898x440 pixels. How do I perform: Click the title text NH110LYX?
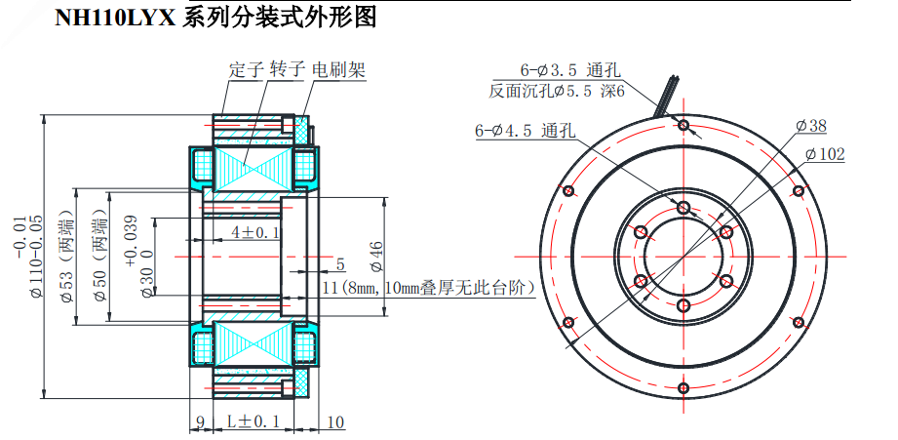click(x=114, y=17)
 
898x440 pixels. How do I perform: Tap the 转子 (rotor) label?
click(x=288, y=71)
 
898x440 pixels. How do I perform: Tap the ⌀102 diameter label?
click(x=825, y=154)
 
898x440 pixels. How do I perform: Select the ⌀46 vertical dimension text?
click(x=375, y=256)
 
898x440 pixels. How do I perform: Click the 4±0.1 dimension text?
click(x=254, y=232)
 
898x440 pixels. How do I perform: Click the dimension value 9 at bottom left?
click(x=199, y=421)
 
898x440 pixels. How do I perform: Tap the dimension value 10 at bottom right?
click(x=334, y=421)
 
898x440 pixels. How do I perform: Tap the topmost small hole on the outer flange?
click(x=683, y=125)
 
